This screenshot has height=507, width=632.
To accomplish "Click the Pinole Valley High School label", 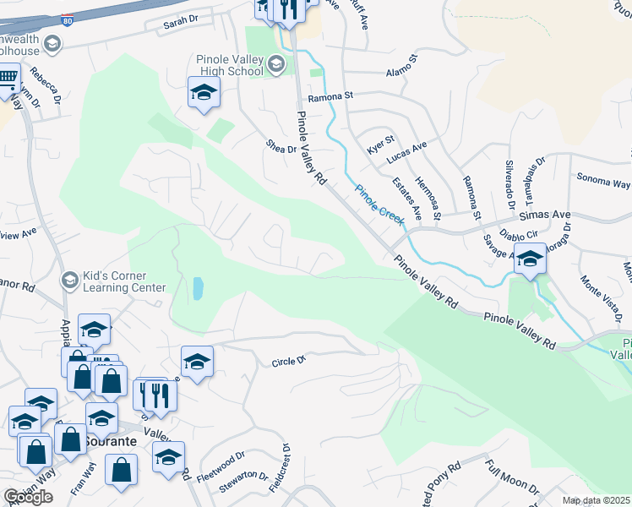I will (230, 66).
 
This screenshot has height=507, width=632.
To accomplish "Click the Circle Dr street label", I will (288, 362).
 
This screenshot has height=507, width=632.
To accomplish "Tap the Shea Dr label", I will (281, 149).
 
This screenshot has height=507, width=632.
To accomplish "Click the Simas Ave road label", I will (549, 215).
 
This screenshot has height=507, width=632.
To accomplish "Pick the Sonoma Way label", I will (603, 180).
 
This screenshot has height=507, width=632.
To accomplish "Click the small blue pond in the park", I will (198, 289).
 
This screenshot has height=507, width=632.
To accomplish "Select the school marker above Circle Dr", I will (197, 363).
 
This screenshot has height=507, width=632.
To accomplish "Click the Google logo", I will (27, 497).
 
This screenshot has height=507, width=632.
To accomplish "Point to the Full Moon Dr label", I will (512, 478).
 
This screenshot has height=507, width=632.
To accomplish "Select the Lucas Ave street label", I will (407, 150).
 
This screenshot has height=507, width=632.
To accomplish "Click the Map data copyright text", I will (597, 500).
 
